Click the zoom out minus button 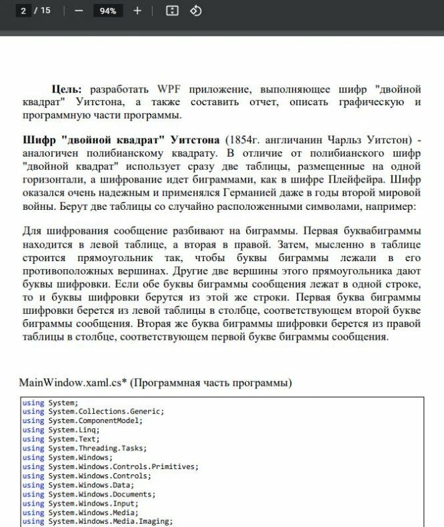pos(79,11)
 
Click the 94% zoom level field pos(107,11)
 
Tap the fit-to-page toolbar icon pos(172,11)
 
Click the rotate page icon pos(196,11)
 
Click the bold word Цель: pos(67,89)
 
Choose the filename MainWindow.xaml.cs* pos(73,383)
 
